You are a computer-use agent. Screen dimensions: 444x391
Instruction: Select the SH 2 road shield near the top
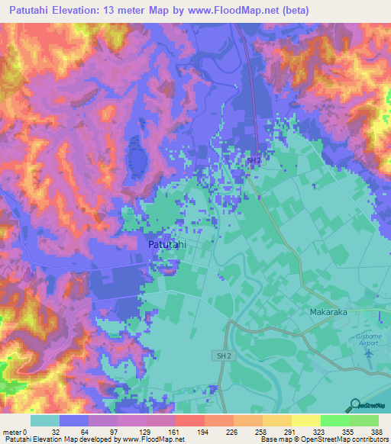tap(254, 160)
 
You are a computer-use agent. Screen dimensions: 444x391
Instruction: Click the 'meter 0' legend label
tap(15, 432)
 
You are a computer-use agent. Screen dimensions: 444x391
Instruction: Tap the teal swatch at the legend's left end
tap(45, 420)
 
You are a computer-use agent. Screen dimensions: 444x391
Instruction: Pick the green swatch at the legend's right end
tap(364, 420)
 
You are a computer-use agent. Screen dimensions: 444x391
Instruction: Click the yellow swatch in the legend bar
tap(305, 420)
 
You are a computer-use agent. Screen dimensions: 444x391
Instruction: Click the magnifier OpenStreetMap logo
tap(354, 405)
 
